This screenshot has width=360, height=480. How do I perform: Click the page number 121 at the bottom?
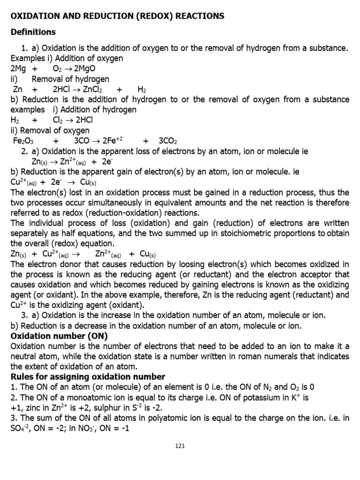[x=180, y=446]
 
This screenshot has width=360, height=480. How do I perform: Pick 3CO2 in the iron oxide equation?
[x=167, y=141]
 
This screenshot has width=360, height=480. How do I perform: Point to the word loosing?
[x=193, y=264]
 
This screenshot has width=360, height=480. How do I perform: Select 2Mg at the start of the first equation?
[x=18, y=68]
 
